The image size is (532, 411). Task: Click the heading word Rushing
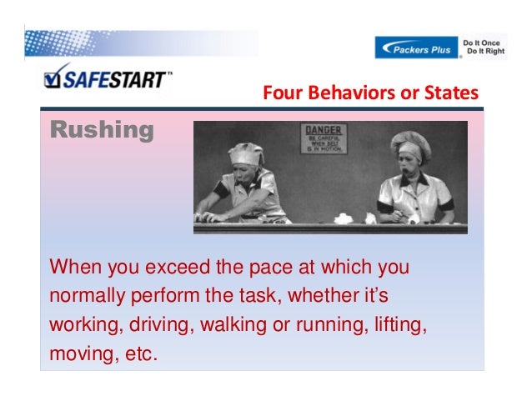(x=102, y=131)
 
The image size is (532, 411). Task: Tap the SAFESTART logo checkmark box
(x=54, y=78)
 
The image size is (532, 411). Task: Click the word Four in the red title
(x=280, y=93)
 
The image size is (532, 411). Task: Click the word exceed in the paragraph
(x=178, y=268)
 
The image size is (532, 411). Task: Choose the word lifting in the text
(x=400, y=323)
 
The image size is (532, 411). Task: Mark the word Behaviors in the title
(x=342, y=93)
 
